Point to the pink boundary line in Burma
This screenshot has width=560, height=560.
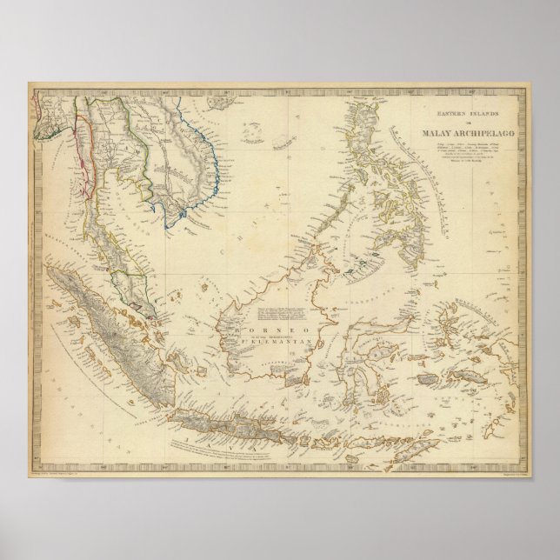tap(87, 157)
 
